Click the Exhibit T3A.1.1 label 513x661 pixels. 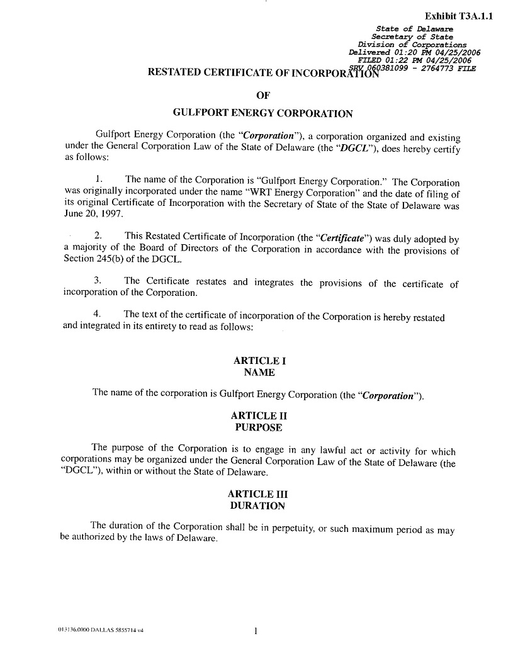coord(458,16)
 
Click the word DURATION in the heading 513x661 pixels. coord(258,506)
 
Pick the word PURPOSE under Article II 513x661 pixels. coord(258,427)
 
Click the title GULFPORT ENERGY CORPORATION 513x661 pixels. coord(262,114)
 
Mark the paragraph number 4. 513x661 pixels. coord(98,314)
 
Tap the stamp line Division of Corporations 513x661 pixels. coord(412,45)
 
